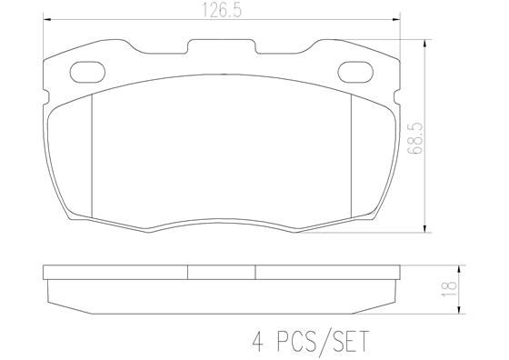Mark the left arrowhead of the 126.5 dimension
pyautogui.click(x=47, y=19)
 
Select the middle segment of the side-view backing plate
pyautogui.click(x=221, y=272)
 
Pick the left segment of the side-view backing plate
pyautogui.click(x=115, y=272)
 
